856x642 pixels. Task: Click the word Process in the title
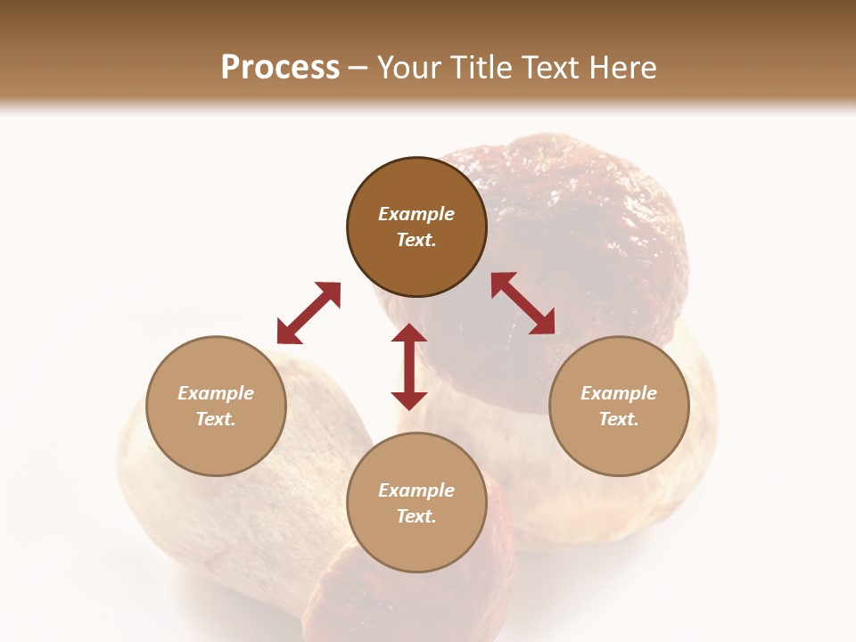(280, 68)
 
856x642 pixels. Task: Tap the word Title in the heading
(484, 68)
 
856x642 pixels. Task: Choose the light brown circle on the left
(216, 406)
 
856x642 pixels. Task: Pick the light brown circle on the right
(619, 406)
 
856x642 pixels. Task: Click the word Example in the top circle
(416, 214)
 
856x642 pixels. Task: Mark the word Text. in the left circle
(216, 419)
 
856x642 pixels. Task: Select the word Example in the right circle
(619, 393)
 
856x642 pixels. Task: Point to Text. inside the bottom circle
(416, 516)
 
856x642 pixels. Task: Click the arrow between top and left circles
(309, 313)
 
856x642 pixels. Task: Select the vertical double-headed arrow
(409, 366)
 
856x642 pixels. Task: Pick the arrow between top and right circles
(523, 303)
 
